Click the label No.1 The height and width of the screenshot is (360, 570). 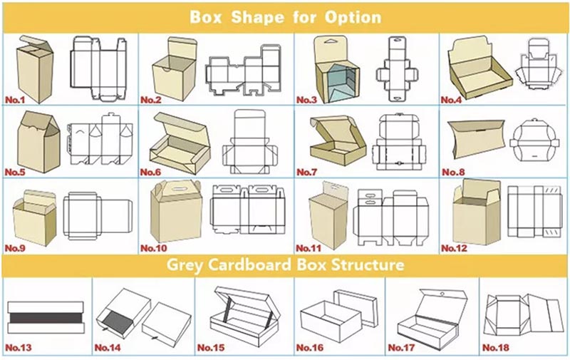(15, 100)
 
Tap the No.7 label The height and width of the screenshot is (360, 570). (307, 172)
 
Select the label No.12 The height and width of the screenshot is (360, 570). (454, 248)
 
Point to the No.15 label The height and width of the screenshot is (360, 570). (211, 348)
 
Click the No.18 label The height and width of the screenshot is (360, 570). (496, 348)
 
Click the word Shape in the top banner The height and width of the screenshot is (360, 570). (257, 17)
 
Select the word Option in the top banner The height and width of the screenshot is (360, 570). (353, 17)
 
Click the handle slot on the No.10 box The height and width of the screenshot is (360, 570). (177, 189)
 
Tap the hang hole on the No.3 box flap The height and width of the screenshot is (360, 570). (330, 43)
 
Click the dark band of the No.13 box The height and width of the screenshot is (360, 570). (46, 318)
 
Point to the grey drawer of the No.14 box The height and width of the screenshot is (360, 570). (113, 321)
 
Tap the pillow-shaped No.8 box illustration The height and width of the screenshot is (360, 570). (476, 139)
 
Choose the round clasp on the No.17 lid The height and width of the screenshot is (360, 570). (442, 294)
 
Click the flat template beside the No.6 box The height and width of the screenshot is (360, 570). (250, 143)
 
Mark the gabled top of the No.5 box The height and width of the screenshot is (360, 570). (39, 123)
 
